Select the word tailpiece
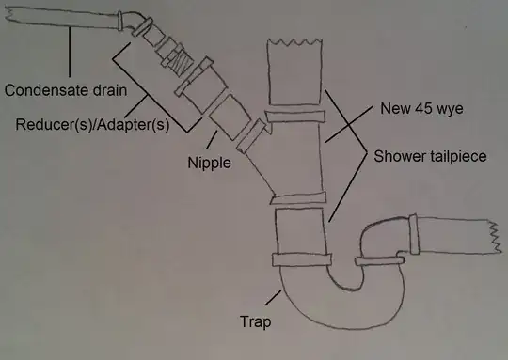[x=455, y=156]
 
